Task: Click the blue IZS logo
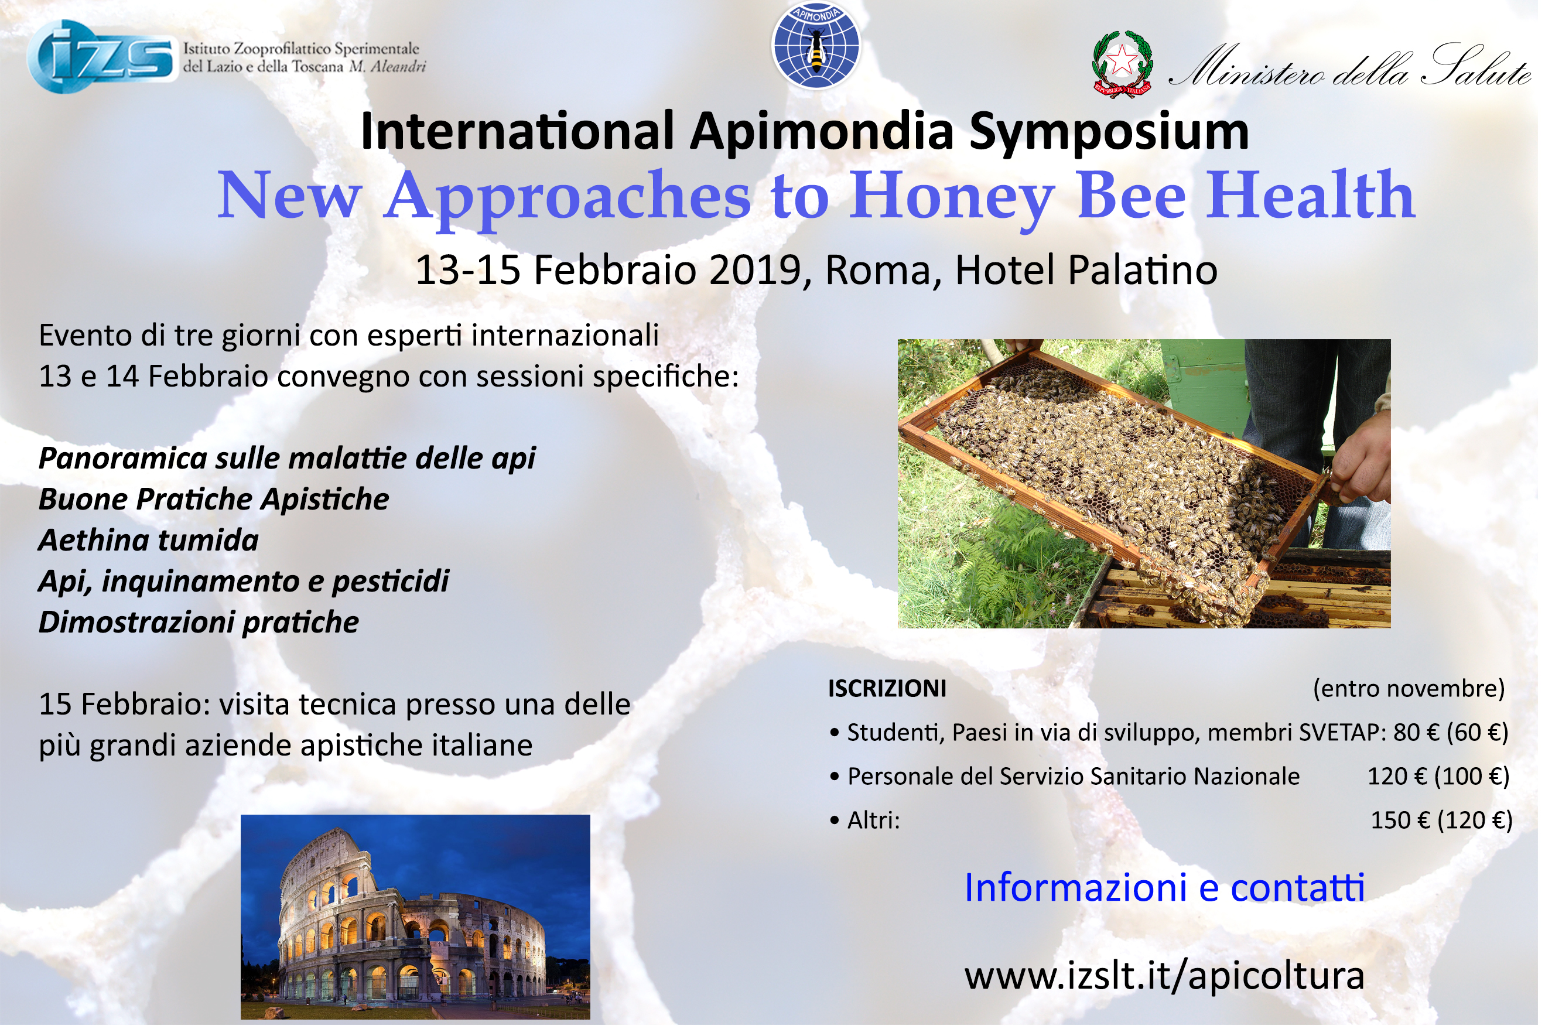(x=102, y=57)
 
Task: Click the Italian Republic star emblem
(x=1122, y=64)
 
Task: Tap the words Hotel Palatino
(x=1086, y=270)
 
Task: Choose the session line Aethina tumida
(x=148, y=541)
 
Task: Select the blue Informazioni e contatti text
(x=1164, y=888)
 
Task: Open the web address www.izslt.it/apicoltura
(x=1164, y=976)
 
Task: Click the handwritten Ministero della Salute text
(x=1349, y=67)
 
